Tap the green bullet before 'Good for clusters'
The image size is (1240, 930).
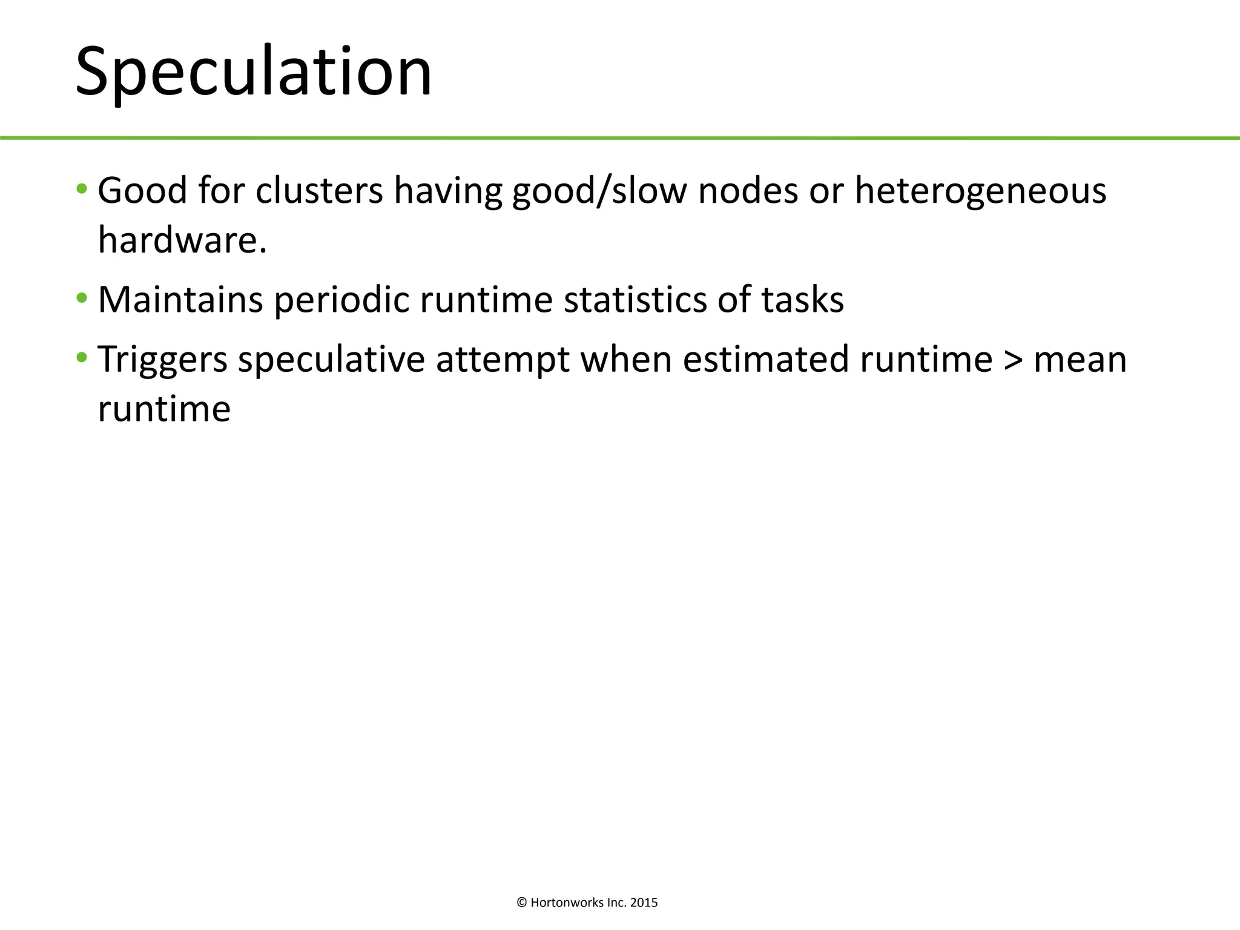click(82, 190)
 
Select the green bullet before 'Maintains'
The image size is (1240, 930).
click(82, 298)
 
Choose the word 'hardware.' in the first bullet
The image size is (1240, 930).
click(182, 240)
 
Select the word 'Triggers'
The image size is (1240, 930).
click(162, 359)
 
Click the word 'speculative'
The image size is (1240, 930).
click(331, 359)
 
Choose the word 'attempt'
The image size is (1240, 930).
click(503, 359)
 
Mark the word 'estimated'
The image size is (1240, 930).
click(766, 359)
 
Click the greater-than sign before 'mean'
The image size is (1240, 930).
click(1013, 360)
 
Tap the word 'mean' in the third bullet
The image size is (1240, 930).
click(1080, 359)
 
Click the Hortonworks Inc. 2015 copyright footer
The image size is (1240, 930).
click(587, 903)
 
